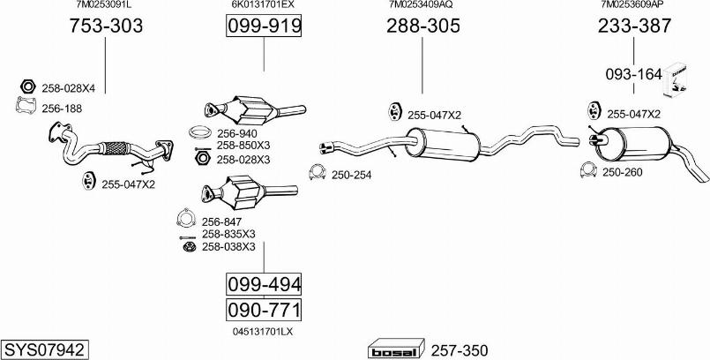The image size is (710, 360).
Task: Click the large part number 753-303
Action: point(106,26)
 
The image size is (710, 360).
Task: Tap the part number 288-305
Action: point(423,26)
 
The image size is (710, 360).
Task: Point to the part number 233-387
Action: point(635,26)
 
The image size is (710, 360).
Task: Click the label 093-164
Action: point(633,74)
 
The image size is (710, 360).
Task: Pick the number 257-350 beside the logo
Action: point(458,349)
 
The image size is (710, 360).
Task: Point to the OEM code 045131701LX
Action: point(263,332)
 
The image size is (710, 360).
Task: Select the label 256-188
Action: point(61,108)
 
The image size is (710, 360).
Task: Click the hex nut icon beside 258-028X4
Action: point(26,87)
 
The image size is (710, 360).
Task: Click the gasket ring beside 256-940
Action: point(201,133)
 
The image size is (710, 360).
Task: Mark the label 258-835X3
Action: point(228,234)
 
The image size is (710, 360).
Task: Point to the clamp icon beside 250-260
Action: point(588,170)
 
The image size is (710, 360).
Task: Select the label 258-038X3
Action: point(228,247)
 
